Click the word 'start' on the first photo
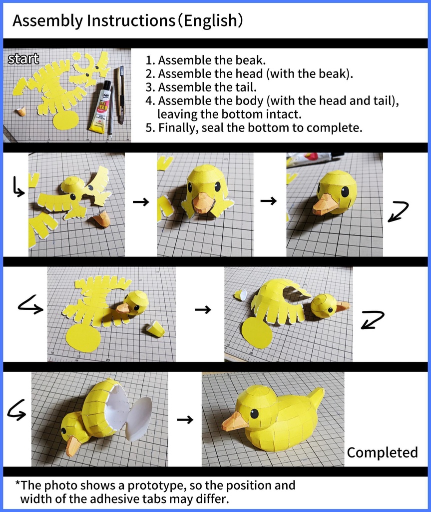tap(23, 59)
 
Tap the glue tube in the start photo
tap(100, 107)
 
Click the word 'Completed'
tap(382, 453)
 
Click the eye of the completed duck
tap(255, 414)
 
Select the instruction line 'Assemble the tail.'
tap(207, 87)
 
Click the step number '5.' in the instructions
tap(150, 128)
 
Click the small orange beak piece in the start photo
tap(21, 110)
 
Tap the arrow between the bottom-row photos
tap(185, 419)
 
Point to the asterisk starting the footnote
tap(17, 483)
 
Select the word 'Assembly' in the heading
tap(47, 21)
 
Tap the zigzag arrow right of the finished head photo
tap(399, 211)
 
